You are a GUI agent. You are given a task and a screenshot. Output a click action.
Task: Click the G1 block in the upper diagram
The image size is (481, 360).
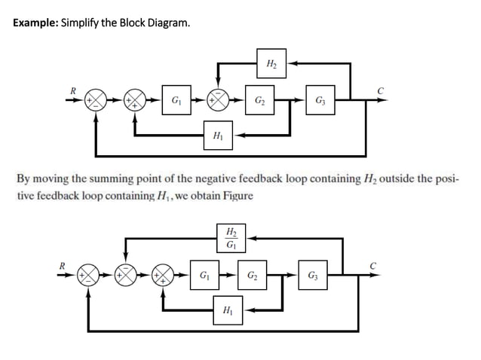(x=176, y=100)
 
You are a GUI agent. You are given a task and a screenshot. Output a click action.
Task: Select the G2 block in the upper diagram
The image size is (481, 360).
(x=259, y=100)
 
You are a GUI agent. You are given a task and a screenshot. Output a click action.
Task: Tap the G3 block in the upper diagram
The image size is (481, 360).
(x=320, y=100)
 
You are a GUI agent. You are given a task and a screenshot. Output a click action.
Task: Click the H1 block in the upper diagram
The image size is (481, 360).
(x=218, y=136)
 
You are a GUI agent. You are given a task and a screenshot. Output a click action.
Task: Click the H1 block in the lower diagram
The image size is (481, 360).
(x=228, y=310)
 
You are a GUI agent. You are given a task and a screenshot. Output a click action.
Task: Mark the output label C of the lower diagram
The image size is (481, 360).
(x=372, y=264)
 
